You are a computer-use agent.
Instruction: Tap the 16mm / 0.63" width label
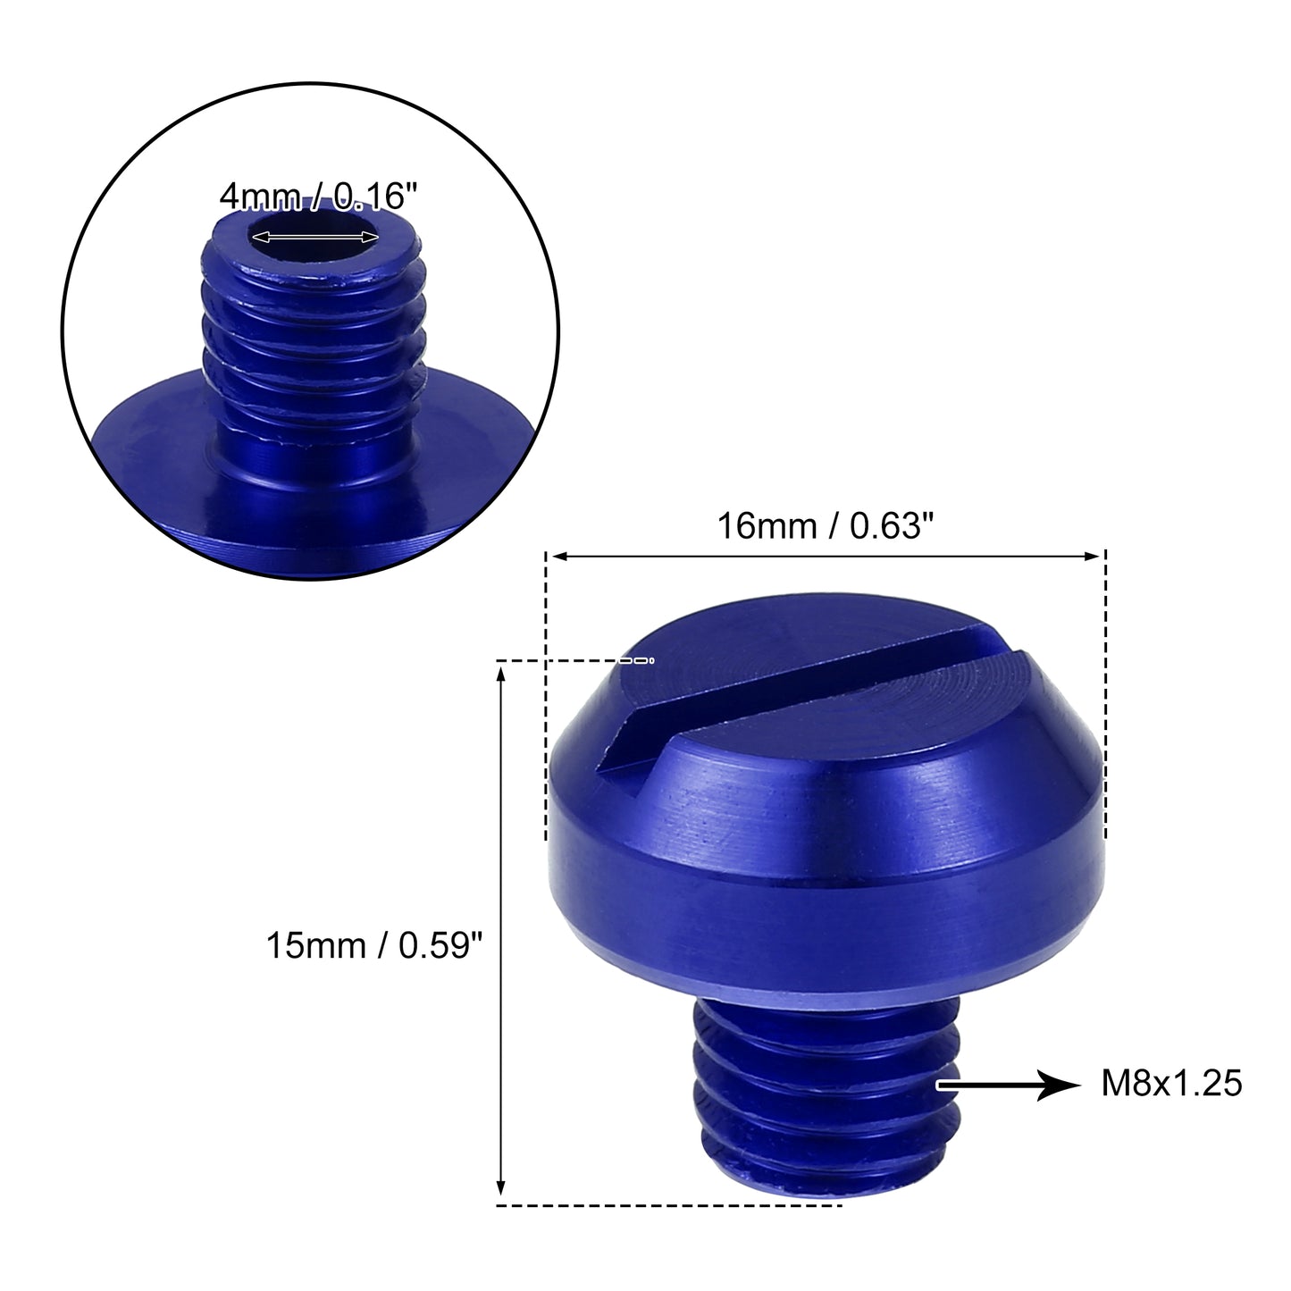825,526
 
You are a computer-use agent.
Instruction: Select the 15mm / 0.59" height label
373,946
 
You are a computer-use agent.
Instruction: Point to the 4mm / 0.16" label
319,197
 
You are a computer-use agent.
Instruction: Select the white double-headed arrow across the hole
314,237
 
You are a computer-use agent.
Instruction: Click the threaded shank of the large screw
827,1105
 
